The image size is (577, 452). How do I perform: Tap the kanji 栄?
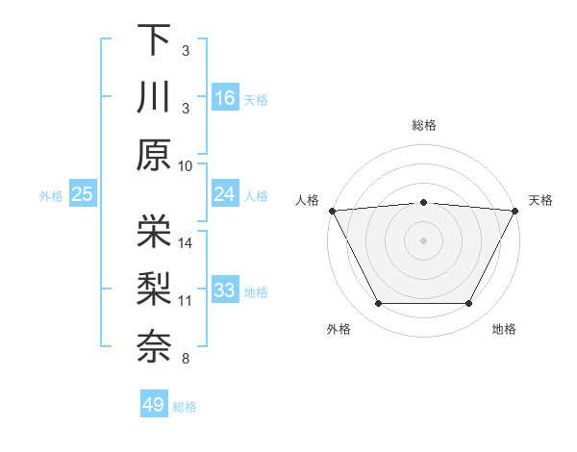(x=154, y=231)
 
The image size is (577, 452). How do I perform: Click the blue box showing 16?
(x=225, y=97)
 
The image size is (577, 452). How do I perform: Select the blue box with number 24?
(x=225, y=194)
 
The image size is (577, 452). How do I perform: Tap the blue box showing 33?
(x=225, y=291)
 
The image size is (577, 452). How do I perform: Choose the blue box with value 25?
(x=83, y=194)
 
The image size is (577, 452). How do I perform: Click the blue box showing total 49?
(x=154, y=405)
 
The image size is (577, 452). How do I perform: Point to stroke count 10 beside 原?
(x=187, y=166)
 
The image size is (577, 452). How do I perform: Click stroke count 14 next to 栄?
(x=187, y=243)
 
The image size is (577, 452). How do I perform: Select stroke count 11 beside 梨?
(x=187, y=301)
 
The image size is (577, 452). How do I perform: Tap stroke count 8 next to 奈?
(x=187, y=360)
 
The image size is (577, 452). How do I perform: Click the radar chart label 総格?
(x=424, y=125)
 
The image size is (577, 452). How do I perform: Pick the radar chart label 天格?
(x=540, y=200)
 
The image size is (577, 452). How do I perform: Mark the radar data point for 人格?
(x=331, y=210)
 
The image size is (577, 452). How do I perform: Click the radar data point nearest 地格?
(x=469, y=304)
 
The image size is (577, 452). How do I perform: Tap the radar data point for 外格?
(x=378, y=304)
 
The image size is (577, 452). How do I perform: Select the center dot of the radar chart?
(x=423, y=239)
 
